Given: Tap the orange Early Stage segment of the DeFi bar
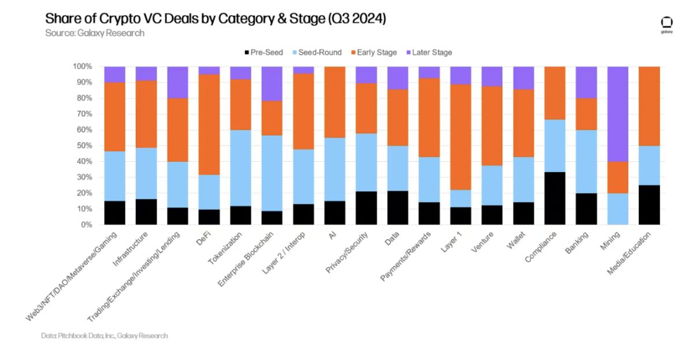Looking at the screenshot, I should click(x=209, y=124).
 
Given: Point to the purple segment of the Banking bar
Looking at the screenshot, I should click(x=586, y=82).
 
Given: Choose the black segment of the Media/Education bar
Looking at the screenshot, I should click(x=649, y=205).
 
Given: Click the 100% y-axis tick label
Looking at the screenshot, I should click(x=82, y=66).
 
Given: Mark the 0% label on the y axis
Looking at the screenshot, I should click(x=86, y=224).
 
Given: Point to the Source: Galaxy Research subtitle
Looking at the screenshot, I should click(x=95, y=33).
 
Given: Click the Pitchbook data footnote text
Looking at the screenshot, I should click(x=105, y=336).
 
